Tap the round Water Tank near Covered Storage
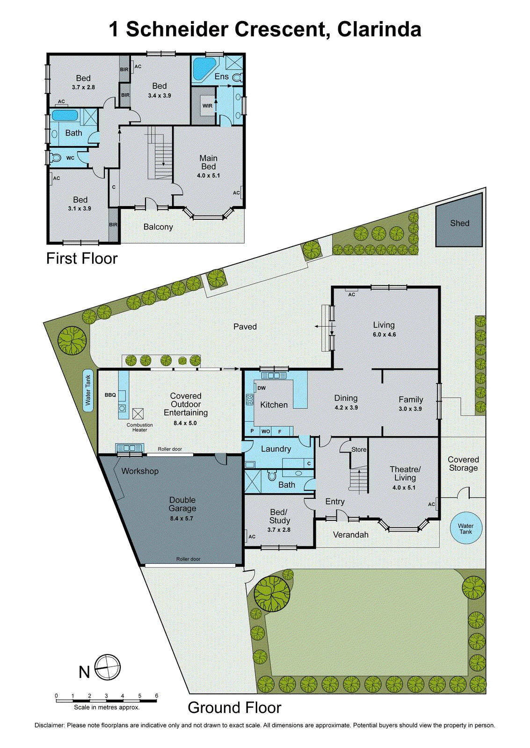(x=466, y=529)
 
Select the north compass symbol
(x=108, y=667)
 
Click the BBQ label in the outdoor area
(x=110, y=395)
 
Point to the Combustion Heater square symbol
(x=138, y=414)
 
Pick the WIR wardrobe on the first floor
(x=207, y=106)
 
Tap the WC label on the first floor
(x=70, y=158)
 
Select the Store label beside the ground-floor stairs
(x=359, y=450)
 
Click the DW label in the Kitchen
(x=262, y=388)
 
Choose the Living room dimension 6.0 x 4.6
(x=384, y=335)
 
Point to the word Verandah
(x=351, y=535)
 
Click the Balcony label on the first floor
(x=158, y=227)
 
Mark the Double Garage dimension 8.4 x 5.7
(x=182, y=518)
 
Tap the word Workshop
(x=140, y=471)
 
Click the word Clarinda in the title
(x=379, y=29)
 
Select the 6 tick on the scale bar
(x=157, y=696)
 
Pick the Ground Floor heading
(x=234, y=708)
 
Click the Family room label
(x=411, y=400)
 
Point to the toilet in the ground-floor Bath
(x=272, y=476)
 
